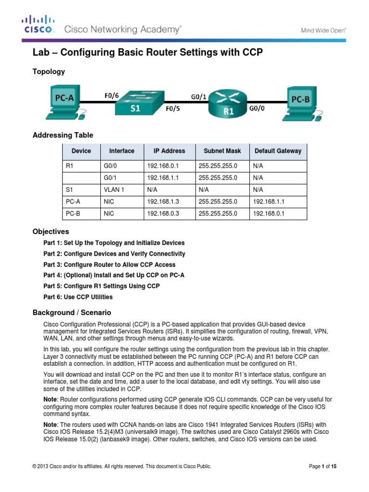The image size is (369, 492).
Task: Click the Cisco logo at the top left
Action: pos(38,25)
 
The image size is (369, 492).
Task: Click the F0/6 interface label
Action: pos(111,95)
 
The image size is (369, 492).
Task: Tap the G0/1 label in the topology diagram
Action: pos(199,97)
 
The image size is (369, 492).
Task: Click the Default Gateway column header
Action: pos(278,151)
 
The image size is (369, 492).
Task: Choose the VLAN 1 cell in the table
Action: pos(114,190)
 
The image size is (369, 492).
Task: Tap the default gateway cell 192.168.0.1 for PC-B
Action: pos(269,214)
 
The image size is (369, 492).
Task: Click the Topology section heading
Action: pos(49,72)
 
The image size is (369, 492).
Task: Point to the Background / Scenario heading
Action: pos(72,312)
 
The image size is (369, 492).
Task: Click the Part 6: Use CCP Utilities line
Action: pos(78,297)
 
